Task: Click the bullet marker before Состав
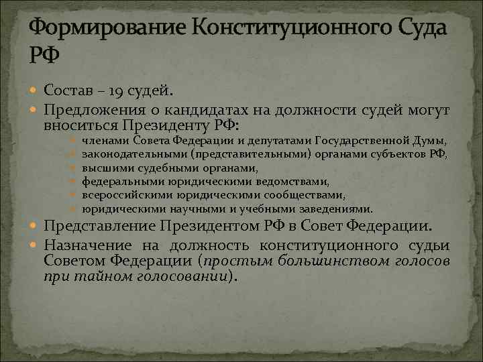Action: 35,90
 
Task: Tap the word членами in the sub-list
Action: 106,141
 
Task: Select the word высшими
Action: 102,168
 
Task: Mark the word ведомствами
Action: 295,181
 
